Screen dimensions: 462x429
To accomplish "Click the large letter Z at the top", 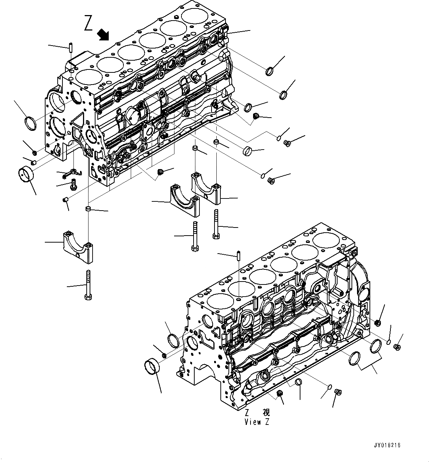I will [89, 23].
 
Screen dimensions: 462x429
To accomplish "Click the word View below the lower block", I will [252, 422].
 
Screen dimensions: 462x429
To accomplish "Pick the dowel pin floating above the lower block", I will [238, 254].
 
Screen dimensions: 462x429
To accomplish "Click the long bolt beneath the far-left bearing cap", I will [88, 285].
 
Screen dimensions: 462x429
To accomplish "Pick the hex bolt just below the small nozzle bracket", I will [73, 183].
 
